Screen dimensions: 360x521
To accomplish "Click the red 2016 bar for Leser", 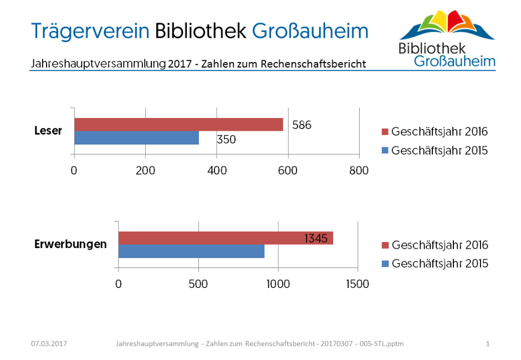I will tap(178, 125).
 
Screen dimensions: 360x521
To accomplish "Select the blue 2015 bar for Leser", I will tap(136, 138).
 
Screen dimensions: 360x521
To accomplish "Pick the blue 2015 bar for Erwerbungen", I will tap(191, 251).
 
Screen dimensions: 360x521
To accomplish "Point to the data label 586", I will tap(302, 125).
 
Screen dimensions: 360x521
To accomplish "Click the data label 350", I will tap(226, 140).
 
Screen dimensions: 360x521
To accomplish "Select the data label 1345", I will tap(316, 239).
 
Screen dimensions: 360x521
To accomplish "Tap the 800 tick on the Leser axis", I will tap(359, 171).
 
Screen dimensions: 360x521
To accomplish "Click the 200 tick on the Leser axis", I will tap(146, 171).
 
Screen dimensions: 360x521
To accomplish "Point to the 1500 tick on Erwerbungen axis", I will tap(357, 284).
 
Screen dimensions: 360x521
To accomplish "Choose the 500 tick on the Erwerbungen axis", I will tap(198, 284).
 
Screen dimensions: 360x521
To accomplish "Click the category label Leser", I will tap(48, 131).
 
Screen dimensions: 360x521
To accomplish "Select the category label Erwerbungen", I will tap(70, 244).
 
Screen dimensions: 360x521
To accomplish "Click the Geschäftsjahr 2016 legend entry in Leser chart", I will tap(435, 132).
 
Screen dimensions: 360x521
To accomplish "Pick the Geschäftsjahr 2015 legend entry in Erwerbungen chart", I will tap(435, 264).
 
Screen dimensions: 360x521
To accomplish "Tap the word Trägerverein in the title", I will tap(91, 30).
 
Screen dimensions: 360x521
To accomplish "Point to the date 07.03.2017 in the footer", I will tap(49, 344).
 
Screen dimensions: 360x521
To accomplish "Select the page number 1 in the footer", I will tap(488, 344).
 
